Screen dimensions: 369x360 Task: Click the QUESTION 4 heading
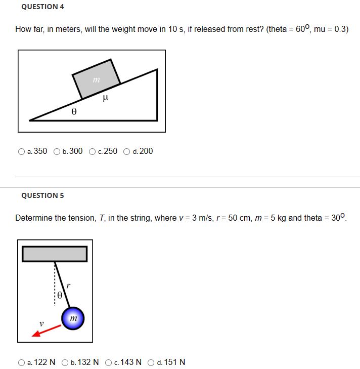tap(43, 7)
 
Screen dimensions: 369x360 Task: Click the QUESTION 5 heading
tap(43, 195)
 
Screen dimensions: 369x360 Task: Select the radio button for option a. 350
tap(21, 151)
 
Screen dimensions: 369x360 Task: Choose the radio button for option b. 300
tap(57, 151)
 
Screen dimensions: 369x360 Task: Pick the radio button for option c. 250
tap(92, 151)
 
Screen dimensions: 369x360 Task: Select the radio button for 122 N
tap(21, 362)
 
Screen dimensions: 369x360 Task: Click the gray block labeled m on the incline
tap(96, 79)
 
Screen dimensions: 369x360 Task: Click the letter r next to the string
tap(68, 286)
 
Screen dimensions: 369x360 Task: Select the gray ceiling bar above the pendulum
tap(55, 254)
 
